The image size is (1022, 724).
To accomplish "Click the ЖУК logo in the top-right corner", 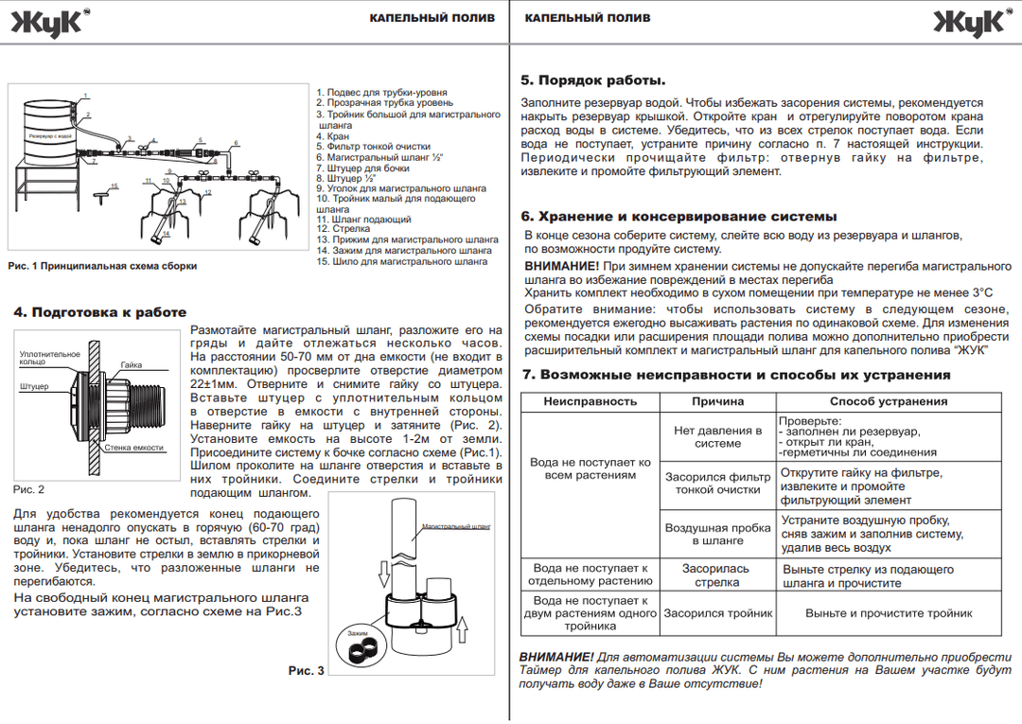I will pos(972,23).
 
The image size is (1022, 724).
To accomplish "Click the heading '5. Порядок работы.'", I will pos(593,80).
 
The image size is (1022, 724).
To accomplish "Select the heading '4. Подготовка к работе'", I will pos(100,312).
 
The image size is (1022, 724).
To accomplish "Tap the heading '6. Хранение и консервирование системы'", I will pos(666,216).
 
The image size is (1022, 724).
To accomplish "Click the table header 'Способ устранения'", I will pos(889,401).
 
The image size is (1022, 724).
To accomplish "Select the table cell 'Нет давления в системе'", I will pos(717,436).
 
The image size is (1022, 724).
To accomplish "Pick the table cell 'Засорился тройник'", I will pos(717,613).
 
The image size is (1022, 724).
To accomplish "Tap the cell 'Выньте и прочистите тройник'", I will pos(889,613).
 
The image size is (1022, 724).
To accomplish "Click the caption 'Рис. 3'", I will pos(307,670).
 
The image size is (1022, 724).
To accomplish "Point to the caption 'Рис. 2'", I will pos(28,489).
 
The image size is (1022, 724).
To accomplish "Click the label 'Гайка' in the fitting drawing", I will pos(132,365).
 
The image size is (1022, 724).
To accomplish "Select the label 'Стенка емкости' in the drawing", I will pos(133,448).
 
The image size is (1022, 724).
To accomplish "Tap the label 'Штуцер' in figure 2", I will pos(34,387).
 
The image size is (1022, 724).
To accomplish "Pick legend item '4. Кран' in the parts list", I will pos(332,136).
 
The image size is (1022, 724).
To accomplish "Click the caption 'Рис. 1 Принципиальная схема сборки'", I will pos(102,266).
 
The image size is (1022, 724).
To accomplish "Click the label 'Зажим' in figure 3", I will pos(357,632).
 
